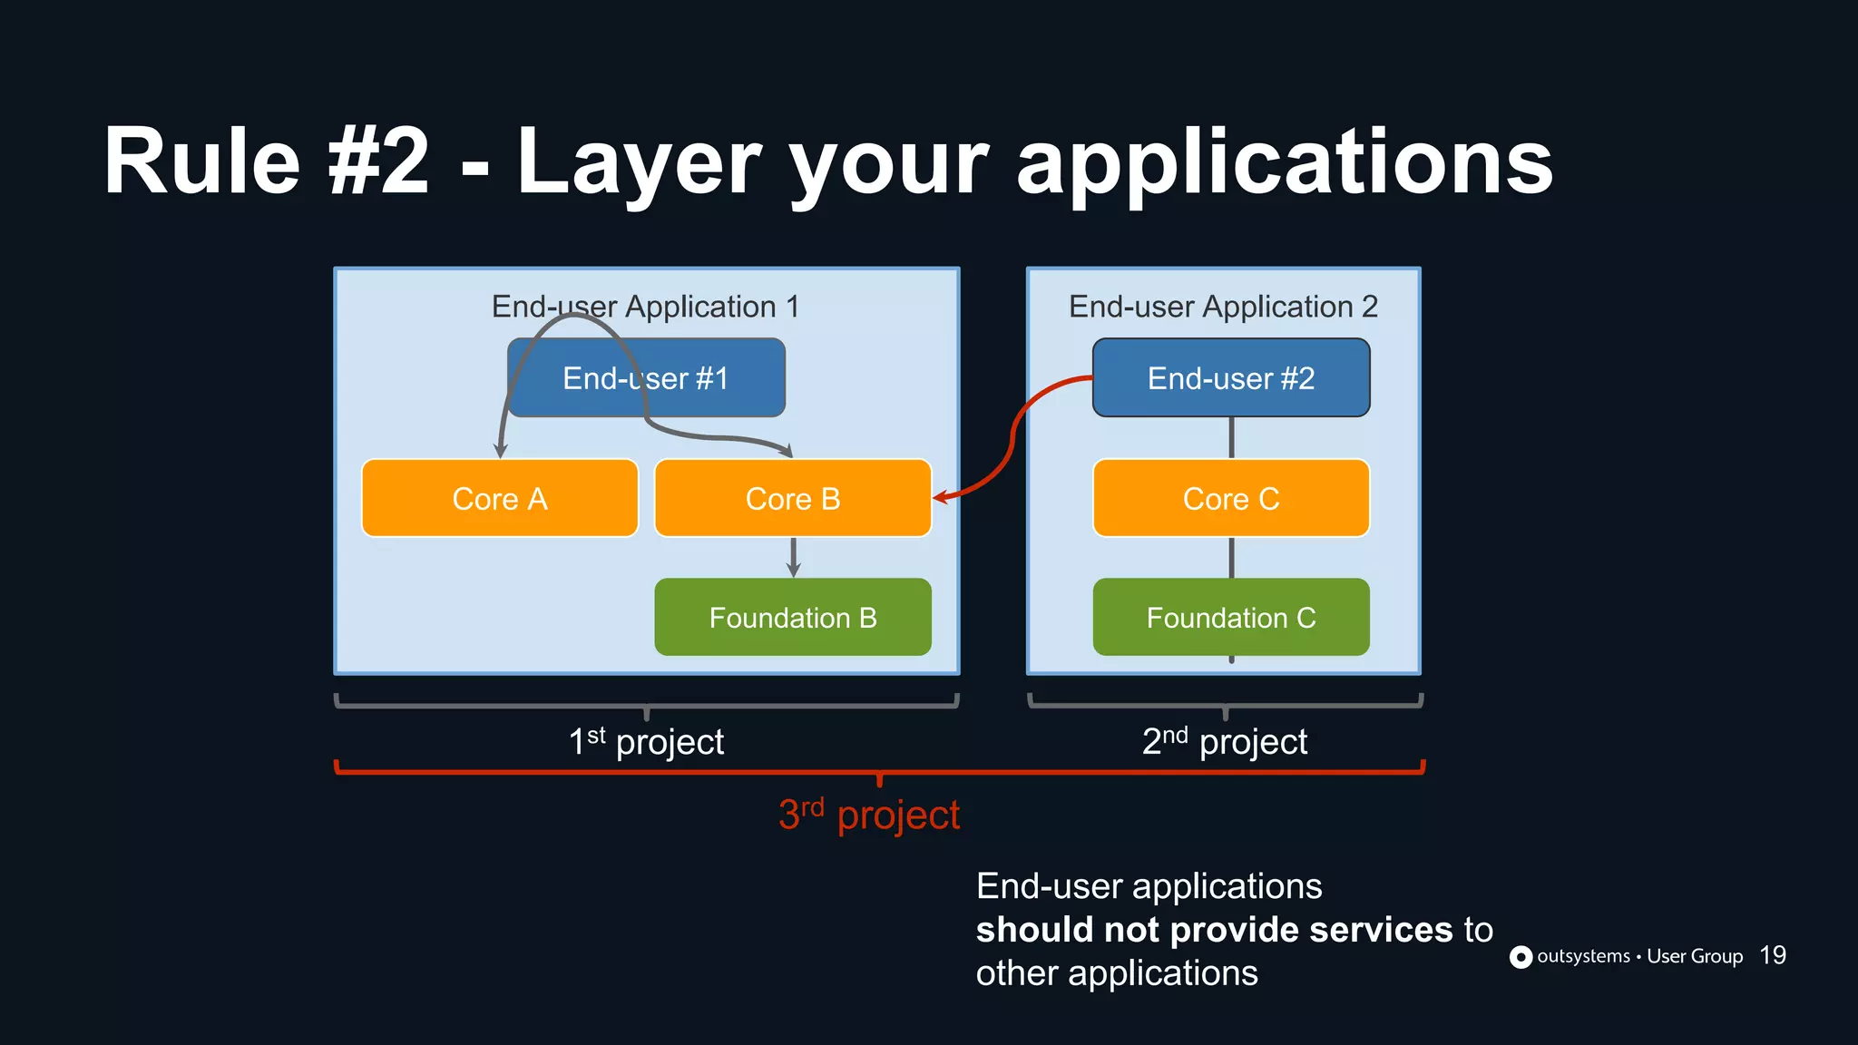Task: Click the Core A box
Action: tap(500, 498)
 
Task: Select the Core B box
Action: tap(792, 498)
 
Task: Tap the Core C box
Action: tap(1231, 498)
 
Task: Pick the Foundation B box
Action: tap(792, 617)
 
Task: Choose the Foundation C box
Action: tap(1231, 617)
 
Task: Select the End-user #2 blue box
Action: tap(1231, 378)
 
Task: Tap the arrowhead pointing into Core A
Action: tap(500, 450)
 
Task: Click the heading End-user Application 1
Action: tap(645, 307)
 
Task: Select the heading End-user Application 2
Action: tap(1223, 307)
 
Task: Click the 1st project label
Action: tap(646, 742)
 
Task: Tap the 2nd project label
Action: tap(1224, 742)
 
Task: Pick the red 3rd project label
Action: tap(869, 815)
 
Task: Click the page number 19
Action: tap(1772, 955)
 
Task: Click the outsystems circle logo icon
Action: tap(1521, 957)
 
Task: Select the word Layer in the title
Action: tap(641, 163)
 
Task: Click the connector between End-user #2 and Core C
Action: tap(1231, 438)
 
